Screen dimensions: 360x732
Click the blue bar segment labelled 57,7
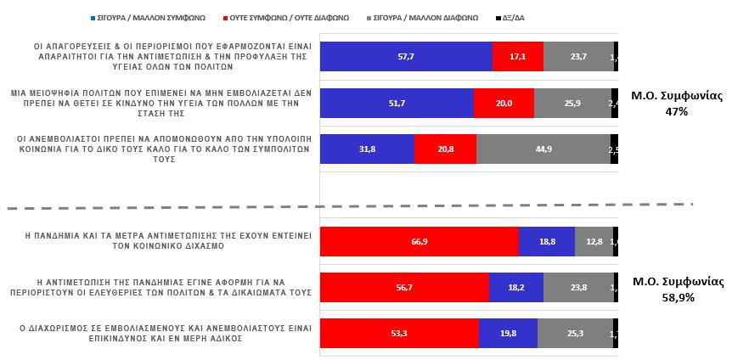406,56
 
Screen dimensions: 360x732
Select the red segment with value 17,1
517,56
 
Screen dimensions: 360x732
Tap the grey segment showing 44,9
543,149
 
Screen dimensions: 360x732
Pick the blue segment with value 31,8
367,149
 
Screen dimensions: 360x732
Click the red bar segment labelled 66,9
419,241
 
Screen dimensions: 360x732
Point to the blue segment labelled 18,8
546,241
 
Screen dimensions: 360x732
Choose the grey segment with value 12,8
594,241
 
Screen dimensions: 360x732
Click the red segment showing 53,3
399,334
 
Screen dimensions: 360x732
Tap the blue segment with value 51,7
397,103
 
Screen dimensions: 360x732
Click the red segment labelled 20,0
504,103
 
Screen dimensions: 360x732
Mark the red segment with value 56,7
404,288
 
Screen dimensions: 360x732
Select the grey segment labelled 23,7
578,56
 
